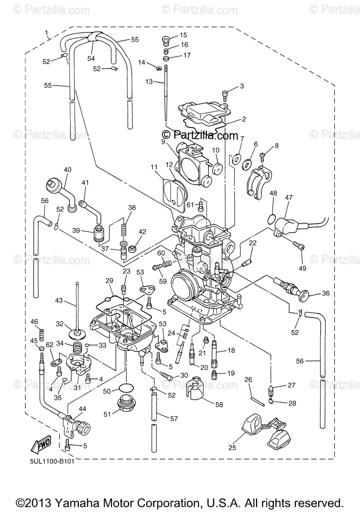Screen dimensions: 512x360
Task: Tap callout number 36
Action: click(326, 293)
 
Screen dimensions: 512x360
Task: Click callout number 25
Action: click(232, 448)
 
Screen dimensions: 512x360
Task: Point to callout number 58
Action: click(219, 404)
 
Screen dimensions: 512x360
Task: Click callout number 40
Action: click(67, 169)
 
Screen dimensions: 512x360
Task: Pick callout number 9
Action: click(163, 141)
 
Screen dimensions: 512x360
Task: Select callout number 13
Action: click(149, 81)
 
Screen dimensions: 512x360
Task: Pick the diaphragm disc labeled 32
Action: click(77, 332)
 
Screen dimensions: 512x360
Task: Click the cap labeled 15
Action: click(166, 41)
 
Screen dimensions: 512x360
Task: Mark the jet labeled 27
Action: click(271, 390)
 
